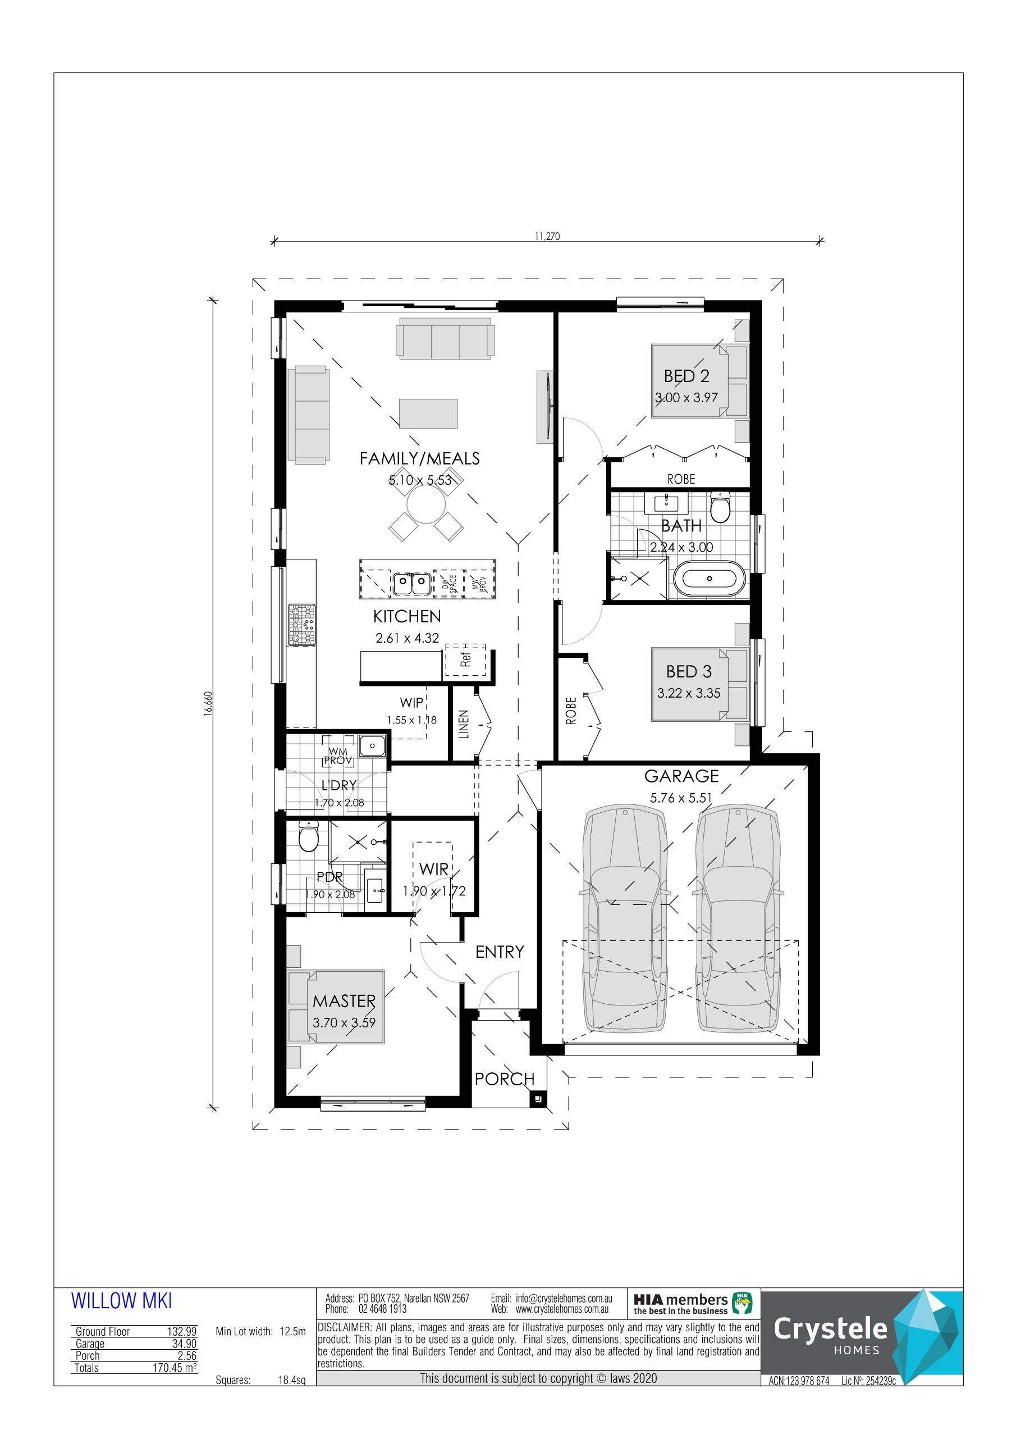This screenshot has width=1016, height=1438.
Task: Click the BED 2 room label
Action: tap(686, 376)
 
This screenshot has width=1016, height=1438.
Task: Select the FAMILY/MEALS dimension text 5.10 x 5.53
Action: tap(420, 480)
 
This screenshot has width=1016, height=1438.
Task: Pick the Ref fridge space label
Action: tap(465, 659)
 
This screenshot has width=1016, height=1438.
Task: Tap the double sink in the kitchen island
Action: tap(412, 584)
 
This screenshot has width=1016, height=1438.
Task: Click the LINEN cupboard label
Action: tap(464, 724)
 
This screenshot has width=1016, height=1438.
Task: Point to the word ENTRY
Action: tap(499, 952)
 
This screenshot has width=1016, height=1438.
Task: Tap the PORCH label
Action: tap(505, 1078)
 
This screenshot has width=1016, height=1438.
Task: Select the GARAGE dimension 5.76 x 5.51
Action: tap(681, 798)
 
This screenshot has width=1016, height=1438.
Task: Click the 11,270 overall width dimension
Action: tap(547, 236)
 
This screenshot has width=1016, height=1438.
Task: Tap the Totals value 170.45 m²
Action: tap(175, 1368)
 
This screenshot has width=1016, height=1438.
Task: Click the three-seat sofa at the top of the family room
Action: tap(445, 338)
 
